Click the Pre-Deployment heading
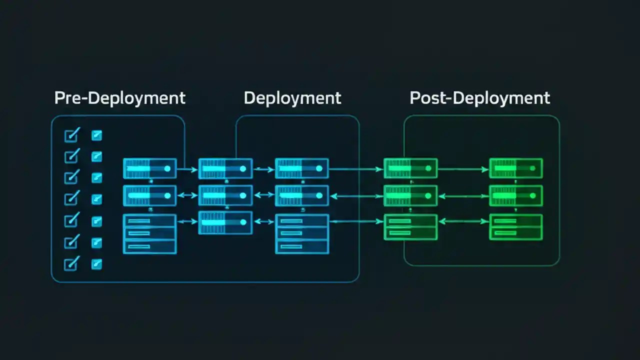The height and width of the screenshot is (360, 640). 119,97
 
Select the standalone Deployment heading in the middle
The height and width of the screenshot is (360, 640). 292,97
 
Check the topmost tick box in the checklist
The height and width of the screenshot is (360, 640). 72,135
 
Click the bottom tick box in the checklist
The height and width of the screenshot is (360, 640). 72,263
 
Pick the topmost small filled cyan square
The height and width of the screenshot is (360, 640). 96,135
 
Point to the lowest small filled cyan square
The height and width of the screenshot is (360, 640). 96,263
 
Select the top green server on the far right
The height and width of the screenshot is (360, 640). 515,168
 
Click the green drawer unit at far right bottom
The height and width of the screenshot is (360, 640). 515,227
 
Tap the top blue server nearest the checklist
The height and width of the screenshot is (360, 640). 149,168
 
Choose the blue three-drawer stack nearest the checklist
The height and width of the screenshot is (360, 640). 149,234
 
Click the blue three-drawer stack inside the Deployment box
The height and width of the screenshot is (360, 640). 302,234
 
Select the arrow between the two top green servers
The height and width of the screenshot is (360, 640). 463,169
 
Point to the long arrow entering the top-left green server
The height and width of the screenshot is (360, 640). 355,169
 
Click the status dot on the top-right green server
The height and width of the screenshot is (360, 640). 533,168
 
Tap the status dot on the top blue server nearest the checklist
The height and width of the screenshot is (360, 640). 167,168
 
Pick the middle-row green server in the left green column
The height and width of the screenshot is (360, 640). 410,195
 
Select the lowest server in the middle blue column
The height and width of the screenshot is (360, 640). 225,222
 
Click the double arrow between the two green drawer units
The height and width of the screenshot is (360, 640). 463,221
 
